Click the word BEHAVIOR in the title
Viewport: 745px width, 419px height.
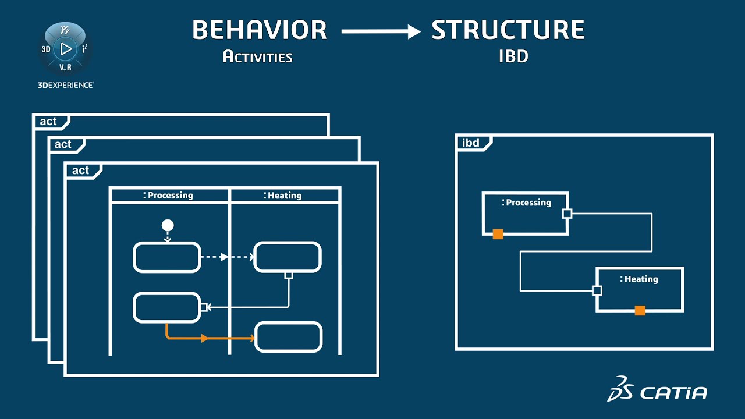259,30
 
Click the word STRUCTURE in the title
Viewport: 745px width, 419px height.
508,30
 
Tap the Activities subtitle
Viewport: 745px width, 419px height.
257,57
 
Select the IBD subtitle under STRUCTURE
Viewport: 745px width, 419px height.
513,57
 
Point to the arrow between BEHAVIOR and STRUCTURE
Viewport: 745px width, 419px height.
381,31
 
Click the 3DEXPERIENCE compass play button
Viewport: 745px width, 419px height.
66,49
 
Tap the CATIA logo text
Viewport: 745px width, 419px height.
673,393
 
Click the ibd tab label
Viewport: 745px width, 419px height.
471,143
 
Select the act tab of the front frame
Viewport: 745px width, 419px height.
81,171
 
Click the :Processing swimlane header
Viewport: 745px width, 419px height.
169,196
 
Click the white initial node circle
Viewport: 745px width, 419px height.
168,225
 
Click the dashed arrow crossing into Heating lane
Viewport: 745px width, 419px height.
227,257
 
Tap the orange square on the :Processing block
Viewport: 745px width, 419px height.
498,234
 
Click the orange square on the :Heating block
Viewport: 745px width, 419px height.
640,311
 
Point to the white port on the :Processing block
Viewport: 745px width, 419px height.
567,214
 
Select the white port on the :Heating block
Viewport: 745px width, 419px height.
597,290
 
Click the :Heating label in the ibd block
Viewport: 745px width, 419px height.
640,279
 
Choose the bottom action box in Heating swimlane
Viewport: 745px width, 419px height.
288,337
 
